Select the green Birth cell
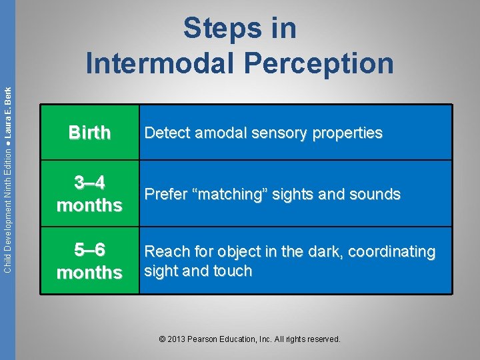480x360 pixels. pyautogui.click(x=89, y=133)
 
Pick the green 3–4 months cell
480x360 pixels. pyautogui.click(x=89, y=193)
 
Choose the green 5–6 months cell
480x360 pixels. pyautogui.click(x=89, y=261)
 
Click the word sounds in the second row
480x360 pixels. pyautogui.click(x=375, y=195)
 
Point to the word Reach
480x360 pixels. pyautogui.click(x=166, y=252)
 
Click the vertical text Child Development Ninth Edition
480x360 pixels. pyautogui.click(x=7, y=200)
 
